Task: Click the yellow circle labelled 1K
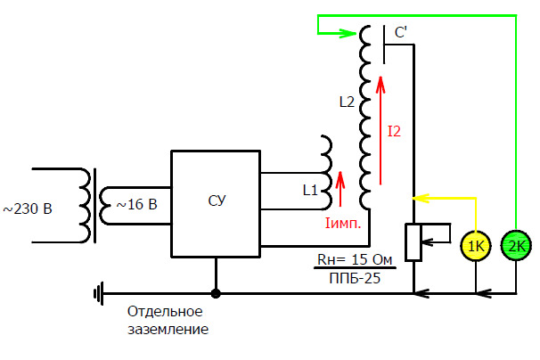(476, 246)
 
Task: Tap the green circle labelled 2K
(516, 246)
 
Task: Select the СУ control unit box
(216, 203)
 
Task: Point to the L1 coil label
(310, 190)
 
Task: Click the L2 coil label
(347, 102)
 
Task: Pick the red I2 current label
(395, 132)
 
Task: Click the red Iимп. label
(343, 224)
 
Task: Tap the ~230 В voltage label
(28, 209)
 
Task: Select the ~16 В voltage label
(136, 204)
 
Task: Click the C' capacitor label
(401, 33)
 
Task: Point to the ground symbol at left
(99, 293)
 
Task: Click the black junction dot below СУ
(216, 293)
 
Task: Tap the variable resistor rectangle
(413, 242)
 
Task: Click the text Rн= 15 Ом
(355, 259)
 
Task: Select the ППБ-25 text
(355, 278)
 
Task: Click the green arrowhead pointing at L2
(348, 33)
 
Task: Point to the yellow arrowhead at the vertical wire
(421, 198)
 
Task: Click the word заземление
(168, 330)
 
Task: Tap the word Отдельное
(165, 311)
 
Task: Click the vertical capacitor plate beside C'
(384, 45)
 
